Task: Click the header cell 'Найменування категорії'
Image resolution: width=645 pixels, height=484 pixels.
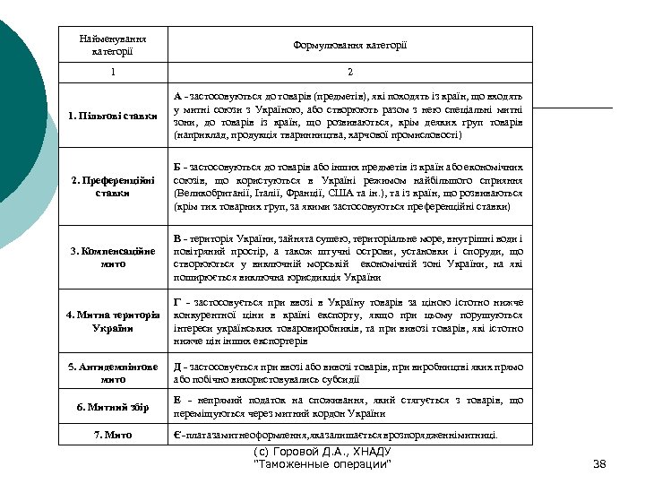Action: [113, 46]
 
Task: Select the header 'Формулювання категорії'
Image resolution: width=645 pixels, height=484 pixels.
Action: [349, 45]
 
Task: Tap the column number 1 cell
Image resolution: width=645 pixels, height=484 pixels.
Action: [113, 72]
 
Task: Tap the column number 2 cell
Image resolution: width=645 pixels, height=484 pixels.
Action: [349, 72]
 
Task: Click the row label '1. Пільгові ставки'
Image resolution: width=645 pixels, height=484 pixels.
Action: [113, 116]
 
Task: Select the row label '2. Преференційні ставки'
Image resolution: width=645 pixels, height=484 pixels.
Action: [113, 186]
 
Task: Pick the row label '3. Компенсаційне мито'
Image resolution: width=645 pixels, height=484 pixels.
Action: [113, 258]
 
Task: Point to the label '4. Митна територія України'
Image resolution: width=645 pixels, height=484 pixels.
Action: [113, 322]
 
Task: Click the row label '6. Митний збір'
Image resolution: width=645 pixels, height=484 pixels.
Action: [113, 408]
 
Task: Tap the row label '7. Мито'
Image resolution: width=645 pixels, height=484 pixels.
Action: [113, 436]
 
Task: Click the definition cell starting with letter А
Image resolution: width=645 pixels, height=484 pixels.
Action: [349, 116]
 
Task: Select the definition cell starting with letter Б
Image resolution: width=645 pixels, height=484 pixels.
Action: [349, 186]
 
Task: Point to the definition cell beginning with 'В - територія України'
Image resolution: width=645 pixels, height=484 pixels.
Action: [349, 258]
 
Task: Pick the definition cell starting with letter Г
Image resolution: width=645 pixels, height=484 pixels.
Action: [349, 322]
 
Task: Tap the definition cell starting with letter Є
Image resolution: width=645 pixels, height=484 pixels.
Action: [349, 436]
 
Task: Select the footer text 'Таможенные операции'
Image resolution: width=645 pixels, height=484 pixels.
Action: [322, 464]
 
